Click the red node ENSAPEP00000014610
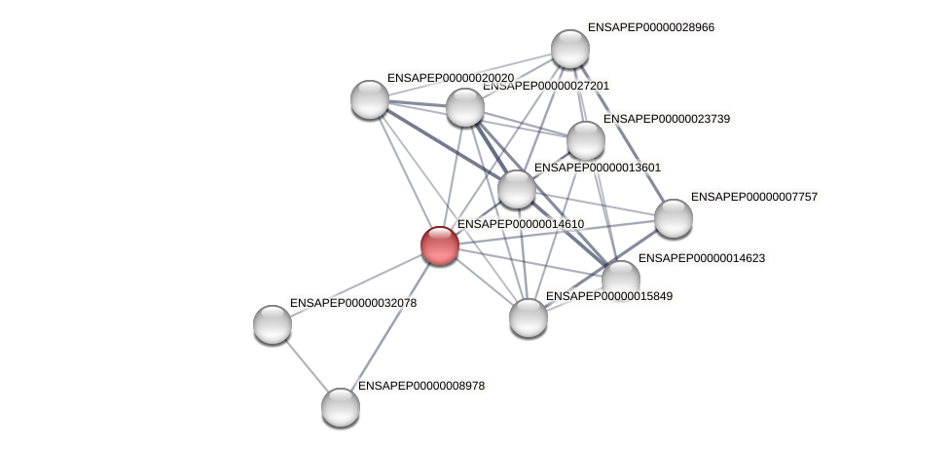point(440,245)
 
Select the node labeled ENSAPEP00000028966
point(570,49)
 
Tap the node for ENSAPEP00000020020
point(370,98)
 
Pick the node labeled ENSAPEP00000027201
point(465,107)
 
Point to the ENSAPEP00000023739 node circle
point(586,140)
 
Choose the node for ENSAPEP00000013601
point(517,189)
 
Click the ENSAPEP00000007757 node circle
point(674,218)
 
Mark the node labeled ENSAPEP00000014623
point(621,280)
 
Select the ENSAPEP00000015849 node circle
point(529,318)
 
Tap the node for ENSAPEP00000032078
point(273,324)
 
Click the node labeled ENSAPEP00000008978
point(341,407)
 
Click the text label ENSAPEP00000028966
point(651,28)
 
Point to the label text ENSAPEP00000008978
point(421,386)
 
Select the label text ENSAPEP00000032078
point(353,303)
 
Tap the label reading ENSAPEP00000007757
point(754,197)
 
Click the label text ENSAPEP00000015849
point(609,296)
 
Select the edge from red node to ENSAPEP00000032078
point(356,284)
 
